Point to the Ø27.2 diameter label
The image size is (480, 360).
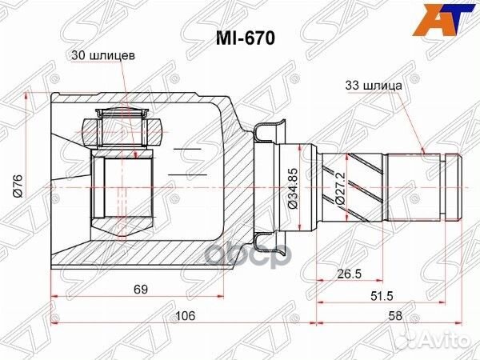tap(342, 189)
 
